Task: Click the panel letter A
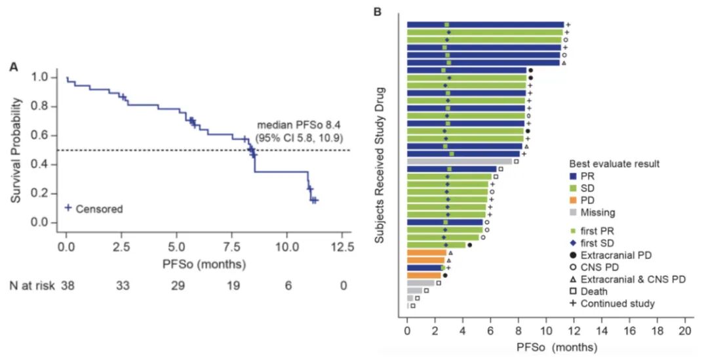[x=13, y=67]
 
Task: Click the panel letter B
[x=377, y=11]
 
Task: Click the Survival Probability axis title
[x=18, y=150]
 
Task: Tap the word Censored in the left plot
[x=100, y=209]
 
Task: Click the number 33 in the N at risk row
[x=121, y=287]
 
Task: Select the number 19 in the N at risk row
[x=231, y=287]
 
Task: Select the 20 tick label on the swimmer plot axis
[x=685, y=331]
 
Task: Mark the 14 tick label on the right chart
[x=602, y=331]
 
